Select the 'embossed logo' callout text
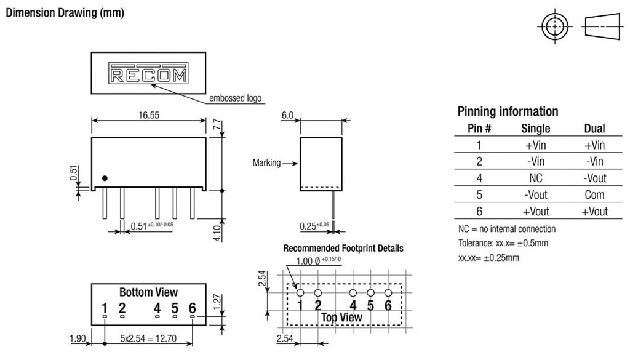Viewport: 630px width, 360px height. (236, 98)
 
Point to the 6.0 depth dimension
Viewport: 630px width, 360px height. (287, 114)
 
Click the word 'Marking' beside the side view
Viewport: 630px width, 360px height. (266, 163)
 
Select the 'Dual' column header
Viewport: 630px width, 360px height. (594, 129)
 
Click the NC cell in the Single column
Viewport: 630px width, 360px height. (535, 178)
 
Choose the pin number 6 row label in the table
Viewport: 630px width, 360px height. (479, 212)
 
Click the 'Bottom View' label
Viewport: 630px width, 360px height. (148, 292)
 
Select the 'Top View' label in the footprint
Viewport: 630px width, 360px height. (341, 317)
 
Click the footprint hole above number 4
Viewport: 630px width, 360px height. (353, 293)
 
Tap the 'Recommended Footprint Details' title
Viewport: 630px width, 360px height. (343, 249)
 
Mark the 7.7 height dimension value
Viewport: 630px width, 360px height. (217, 124)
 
